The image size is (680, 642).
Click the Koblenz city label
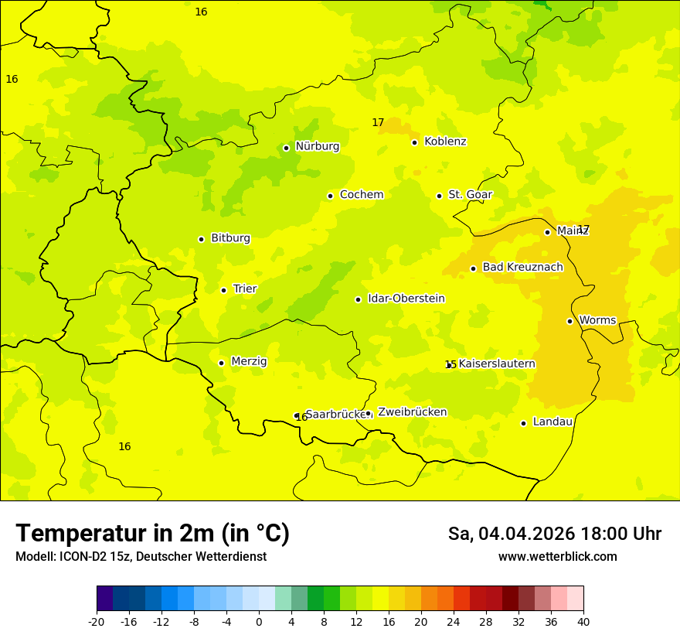[445, 142]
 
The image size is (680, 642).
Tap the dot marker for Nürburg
[286, 148]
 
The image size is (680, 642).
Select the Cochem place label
[361, 195]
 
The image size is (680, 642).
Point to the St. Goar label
[470, 195]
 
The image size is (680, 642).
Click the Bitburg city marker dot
[201, 239]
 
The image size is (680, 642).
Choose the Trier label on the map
[245, 289]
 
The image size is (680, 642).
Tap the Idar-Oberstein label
[406, 299]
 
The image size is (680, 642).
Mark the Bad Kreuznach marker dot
[473, 268]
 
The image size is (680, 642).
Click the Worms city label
[597, 320]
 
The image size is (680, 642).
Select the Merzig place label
[249, 361]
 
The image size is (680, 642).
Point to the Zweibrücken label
[412, 412]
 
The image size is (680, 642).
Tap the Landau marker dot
[523, 423]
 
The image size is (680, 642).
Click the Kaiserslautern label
[497, 364]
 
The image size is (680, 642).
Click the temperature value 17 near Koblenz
[378, 122]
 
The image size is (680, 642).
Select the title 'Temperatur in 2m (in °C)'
[152, 534]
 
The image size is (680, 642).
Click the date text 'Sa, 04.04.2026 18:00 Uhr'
[554, 534]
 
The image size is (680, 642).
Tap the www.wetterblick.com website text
[557, 557]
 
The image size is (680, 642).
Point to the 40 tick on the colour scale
[583, 621]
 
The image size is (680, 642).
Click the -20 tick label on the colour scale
[97, 621]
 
